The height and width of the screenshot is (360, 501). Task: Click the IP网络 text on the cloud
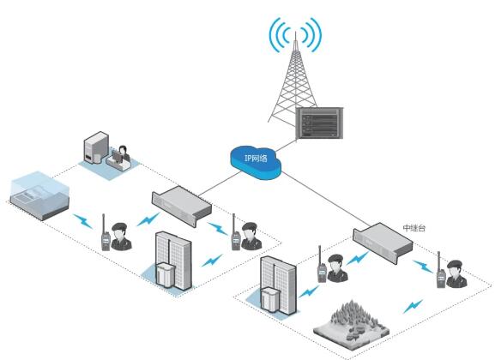[256, 159]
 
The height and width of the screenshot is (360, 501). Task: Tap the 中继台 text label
[414, 228]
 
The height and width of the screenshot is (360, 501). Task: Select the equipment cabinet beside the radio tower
[319, 123]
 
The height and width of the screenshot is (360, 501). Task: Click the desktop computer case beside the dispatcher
[96, 147]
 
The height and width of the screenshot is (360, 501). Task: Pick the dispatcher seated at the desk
[124, 153]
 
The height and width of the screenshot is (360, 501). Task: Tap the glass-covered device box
[40, 195]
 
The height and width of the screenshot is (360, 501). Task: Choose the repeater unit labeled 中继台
[383, 242]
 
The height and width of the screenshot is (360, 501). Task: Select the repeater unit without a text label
[182, 206]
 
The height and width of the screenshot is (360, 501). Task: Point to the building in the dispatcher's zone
[173, 260]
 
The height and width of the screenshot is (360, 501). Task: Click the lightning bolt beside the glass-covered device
[83, 221]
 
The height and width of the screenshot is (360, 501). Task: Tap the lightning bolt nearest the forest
[413, 306]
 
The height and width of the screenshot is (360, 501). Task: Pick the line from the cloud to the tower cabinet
[285, 145]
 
